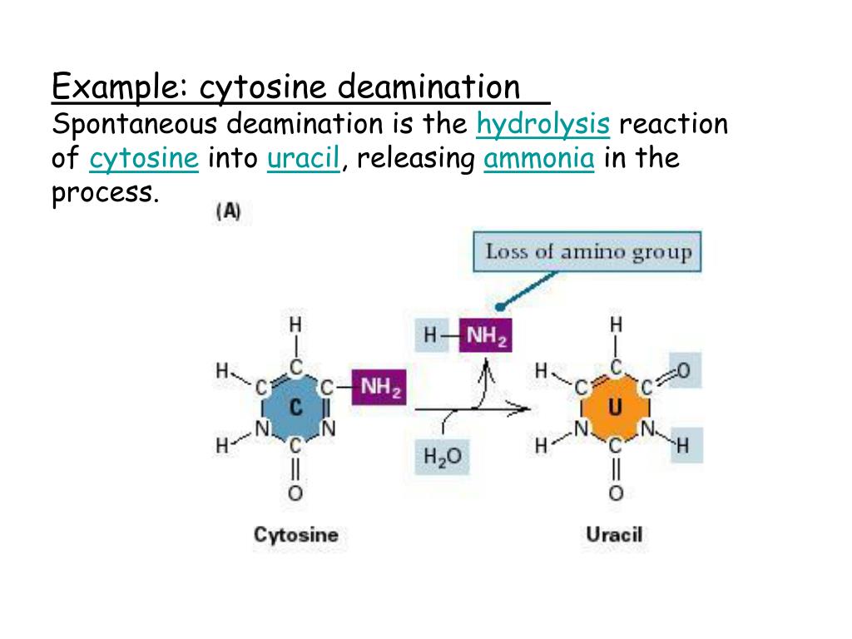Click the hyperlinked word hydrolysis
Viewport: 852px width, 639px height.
click(x=544, y=125)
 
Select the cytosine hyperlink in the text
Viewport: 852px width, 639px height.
click(x=144, y=159)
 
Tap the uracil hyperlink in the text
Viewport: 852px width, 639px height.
click(x=303, y=159)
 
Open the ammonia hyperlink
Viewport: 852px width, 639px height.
click(x=538, y=159)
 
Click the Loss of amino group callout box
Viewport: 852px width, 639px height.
click(x=587, y=251)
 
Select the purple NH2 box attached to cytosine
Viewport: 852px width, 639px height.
click(x=378, y=389)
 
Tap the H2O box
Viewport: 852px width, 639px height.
click(x=441, y=457)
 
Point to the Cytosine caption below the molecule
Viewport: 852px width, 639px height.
click(x=295, y=534)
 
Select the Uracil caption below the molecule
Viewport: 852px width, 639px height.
click(x=614, y=534)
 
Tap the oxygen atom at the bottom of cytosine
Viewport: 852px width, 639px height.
click(x=295, y=493)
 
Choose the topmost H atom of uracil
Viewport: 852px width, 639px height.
click(x=616, y=324)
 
